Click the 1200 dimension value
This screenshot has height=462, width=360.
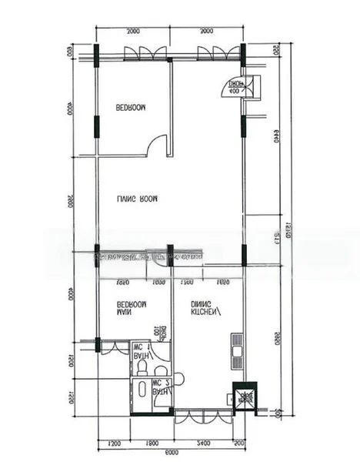coord(115,443)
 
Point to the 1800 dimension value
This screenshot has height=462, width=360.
coord(152,443)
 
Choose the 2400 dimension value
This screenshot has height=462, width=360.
coord(203,443)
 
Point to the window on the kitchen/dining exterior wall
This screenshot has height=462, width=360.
coord(203,417)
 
